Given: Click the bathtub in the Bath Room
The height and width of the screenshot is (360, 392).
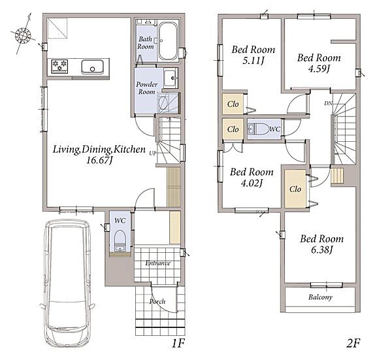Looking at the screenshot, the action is [168, 41].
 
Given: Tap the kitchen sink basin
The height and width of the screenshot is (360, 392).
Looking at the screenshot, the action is [92, 67].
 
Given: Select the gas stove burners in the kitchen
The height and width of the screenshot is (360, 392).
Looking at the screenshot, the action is [59, 67].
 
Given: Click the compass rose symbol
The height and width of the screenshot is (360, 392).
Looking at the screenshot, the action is [23, 35].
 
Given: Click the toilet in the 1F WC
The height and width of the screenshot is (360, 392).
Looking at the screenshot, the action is [120, 240].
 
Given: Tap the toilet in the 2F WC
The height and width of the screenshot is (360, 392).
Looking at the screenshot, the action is [258, 129].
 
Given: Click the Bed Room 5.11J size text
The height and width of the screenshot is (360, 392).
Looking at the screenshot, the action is [253, 61].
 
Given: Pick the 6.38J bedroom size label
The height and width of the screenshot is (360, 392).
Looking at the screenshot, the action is [322, 250].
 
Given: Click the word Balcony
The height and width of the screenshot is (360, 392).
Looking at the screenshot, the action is [320, 297].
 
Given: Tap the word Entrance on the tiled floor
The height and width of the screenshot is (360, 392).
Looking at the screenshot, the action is [157, 263].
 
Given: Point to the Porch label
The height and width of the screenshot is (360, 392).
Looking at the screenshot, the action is [157, 301].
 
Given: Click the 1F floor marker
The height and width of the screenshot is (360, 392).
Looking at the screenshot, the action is [178, 344].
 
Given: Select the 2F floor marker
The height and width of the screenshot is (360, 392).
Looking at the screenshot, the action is [353, 344].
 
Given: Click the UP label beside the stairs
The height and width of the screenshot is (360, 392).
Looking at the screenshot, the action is [153, 154].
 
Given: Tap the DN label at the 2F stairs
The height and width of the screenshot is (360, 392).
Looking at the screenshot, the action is [328, 103].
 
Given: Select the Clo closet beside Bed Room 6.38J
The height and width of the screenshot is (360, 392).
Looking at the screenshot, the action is [295, 189].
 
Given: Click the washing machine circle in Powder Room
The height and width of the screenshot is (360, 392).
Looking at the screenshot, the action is [163, 103].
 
